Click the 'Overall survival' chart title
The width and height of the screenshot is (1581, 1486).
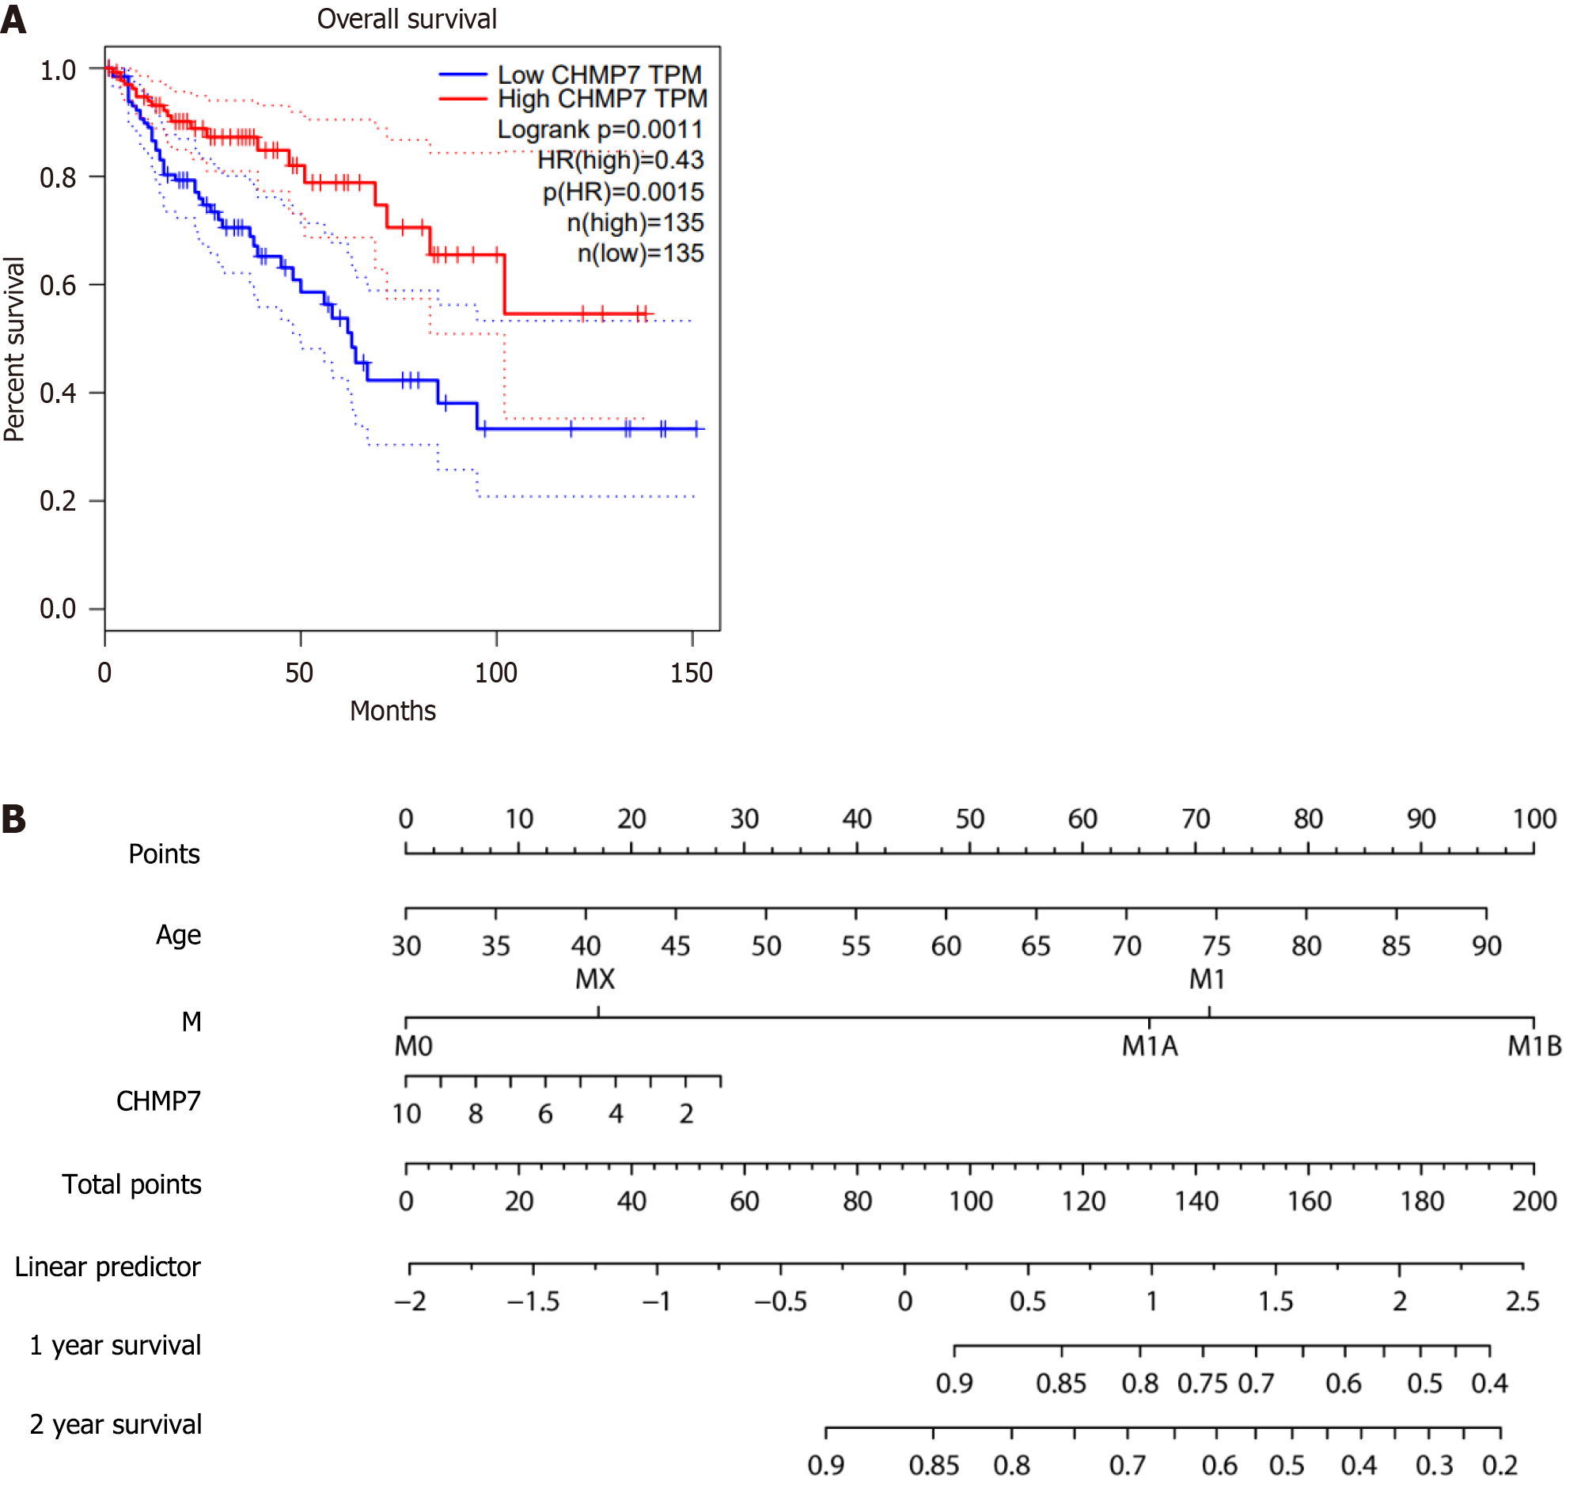tap(407, 19)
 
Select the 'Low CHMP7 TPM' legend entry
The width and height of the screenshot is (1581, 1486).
tap(599, 74)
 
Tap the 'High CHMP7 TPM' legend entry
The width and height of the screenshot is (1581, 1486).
tap(602, 99)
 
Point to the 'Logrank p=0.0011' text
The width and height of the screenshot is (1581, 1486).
tap(600, 130)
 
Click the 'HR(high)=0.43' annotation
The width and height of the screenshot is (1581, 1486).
tap(620, 161)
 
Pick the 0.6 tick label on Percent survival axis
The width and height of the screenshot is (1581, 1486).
tap(58, 286)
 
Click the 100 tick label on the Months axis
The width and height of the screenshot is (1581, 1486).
tap(495, 674)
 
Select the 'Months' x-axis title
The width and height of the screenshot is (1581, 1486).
tap(392, 711)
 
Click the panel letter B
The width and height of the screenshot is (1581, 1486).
tap(13, 820)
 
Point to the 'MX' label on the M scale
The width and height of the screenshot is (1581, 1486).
tap(595, 979)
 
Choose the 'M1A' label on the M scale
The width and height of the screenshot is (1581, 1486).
tap(1149, 1046)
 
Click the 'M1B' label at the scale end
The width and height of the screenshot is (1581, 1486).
tap(1534, 1046)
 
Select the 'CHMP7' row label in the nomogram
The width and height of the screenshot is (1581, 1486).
tap(158, 1101)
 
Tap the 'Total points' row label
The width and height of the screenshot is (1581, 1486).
tap(132, 1184)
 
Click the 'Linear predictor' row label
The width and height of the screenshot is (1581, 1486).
tap(108, 1267)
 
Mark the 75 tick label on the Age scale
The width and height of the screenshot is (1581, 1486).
tap(1216, 946)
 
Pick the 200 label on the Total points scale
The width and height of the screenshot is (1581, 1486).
tap(1534, 1201)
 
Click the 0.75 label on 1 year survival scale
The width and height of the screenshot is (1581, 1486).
tap(1203, 1384)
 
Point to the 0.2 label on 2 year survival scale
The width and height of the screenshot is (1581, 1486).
tap(1499, 1465)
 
